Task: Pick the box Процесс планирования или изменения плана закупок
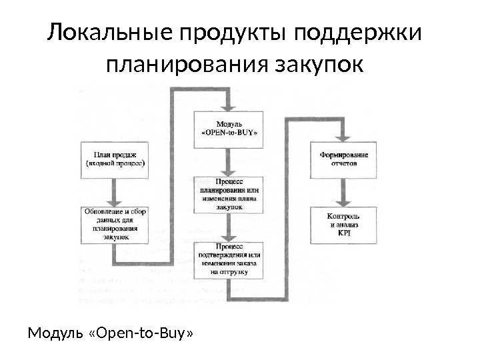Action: pos(229,194)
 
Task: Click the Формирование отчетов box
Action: pos(343,159)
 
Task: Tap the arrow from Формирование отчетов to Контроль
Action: pos(343,192)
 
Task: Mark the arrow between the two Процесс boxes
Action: pos(229,228)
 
